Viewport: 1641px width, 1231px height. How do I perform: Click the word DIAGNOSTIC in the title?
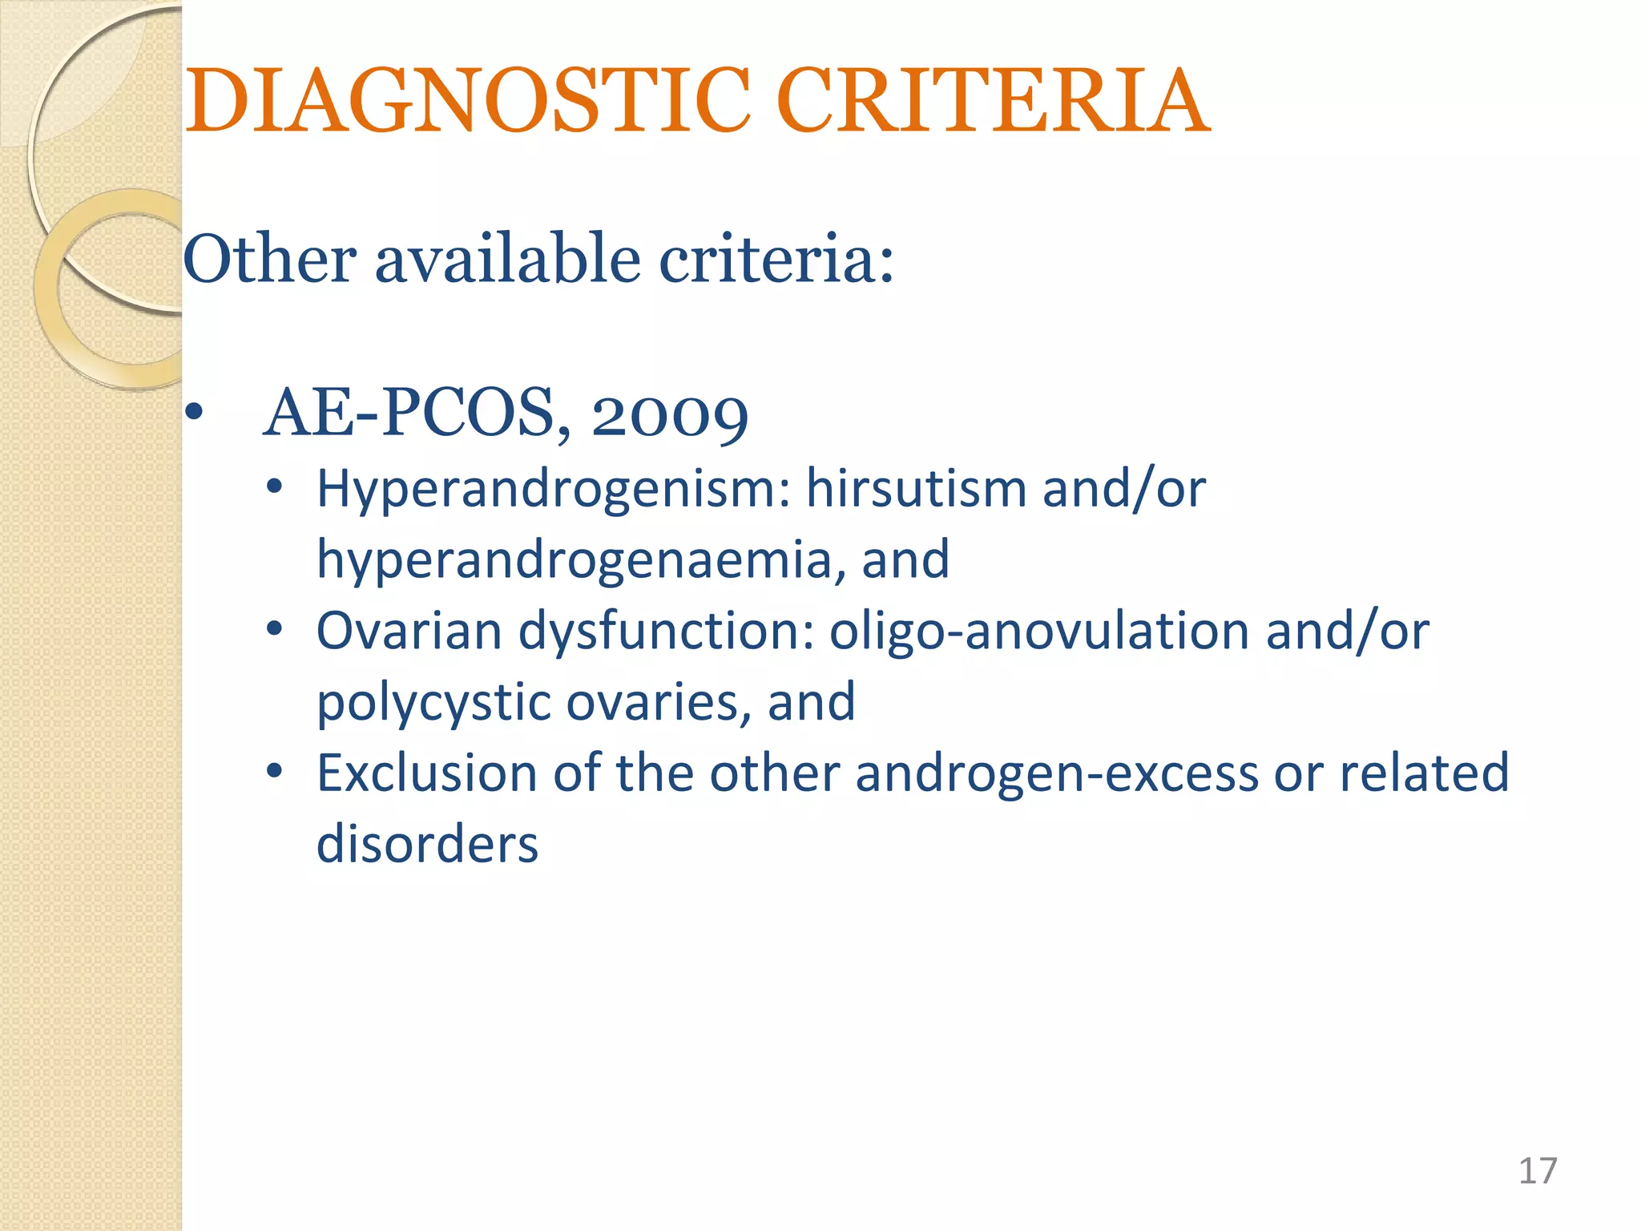click(468, 101)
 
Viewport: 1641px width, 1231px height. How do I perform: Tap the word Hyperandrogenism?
click(553, 489)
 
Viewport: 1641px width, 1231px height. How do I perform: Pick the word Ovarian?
click(408, 631)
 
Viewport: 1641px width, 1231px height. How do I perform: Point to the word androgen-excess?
click(1057, 774)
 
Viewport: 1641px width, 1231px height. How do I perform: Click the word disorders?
click(427, 844)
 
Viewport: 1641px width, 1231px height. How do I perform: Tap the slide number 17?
click(1538, 1171)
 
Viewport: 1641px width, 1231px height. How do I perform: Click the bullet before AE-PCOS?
click(194, 414)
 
